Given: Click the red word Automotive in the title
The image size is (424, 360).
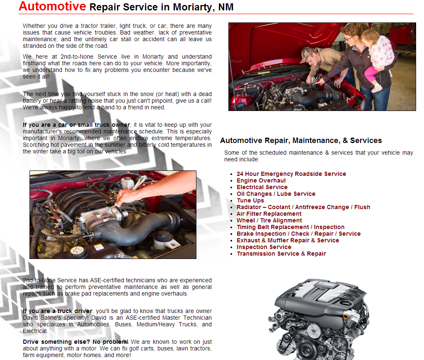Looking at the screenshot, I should click(x=52, y=7).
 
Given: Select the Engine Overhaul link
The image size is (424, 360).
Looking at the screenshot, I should click(x=261, y=180).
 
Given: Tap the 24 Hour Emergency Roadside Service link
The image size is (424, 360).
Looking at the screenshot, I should click(x=291, y=174).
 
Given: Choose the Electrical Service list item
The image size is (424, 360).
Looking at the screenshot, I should click(x=262, y=187).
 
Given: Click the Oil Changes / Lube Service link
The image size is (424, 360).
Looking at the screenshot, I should click(x=276, y=194).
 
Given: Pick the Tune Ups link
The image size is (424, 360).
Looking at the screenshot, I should click(x=250, y=200).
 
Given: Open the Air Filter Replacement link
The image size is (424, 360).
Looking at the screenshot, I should click(x=269, y=214).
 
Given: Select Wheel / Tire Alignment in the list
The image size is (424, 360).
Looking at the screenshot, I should click(x=269, y=220).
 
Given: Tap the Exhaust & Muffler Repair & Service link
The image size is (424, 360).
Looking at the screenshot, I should click(x=288, y=240).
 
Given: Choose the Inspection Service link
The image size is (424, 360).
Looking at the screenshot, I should click(x=264, y=247).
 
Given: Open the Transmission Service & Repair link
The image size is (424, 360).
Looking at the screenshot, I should click(x=281, y=254).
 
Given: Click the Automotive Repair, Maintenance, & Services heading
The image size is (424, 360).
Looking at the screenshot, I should click(x=301, y=141).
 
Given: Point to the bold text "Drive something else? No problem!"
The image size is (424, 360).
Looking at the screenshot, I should click(x=76, y=342).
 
